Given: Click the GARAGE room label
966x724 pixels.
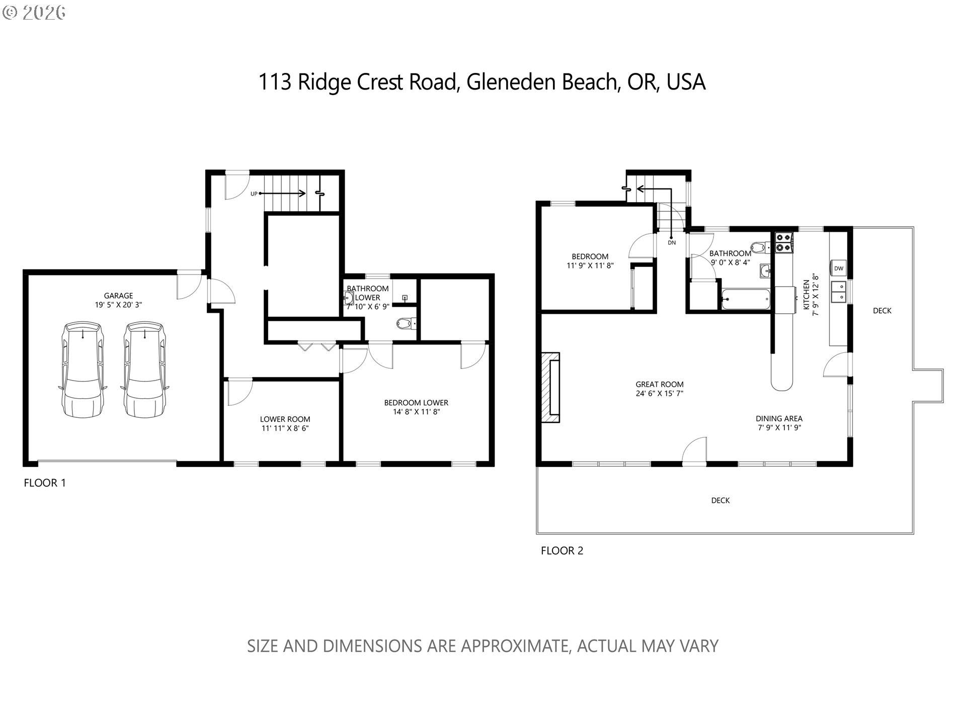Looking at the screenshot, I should pyautogui.click(x=119, y=296).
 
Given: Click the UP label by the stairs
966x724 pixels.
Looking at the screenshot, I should pyautogui.click(x=254, y=194).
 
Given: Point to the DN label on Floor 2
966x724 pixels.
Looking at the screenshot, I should pyautogui.click(x=672, y=243).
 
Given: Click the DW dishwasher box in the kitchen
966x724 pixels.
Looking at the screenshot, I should pyautogui.click(x=839, y=268).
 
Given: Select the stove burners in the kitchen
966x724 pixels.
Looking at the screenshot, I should pyautogui.click(x=784, y=242).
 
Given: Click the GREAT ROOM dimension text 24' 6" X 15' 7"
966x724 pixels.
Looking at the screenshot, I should pyautogui.click(x=659, y=394).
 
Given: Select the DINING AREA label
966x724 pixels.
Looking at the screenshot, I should pyautogui.click(x=779, y=418).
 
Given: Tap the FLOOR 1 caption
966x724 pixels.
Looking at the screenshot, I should pyautogui.click(x=45, y=483).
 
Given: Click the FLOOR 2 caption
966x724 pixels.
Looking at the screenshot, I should pyautogui.click(x=562, y=551).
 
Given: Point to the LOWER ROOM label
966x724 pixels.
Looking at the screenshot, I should pyautogui.click(x=285, y=419).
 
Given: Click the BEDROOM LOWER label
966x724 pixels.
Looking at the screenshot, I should pyautogui.click(x=416, y=403).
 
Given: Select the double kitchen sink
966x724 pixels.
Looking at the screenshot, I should pyautogui.click(x=839, y=292).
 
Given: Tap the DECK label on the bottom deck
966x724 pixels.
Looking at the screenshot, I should pyautogui.click(x=720, y=500).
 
